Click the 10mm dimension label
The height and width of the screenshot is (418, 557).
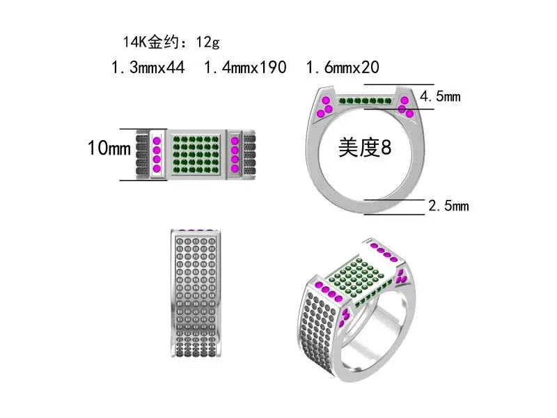(x=109, y=148)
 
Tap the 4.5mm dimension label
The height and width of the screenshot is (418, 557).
(x=440, y=96)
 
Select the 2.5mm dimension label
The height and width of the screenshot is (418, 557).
(x=448, y=206)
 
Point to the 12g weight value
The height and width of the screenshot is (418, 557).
(x=207, y=42)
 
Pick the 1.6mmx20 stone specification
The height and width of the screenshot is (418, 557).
(x=343, y=68)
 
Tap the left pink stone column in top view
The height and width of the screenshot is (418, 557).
(x=157, y=153)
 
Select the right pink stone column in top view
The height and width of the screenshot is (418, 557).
(x=235, y=153)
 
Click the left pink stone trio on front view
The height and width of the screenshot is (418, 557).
(x=325, y=107)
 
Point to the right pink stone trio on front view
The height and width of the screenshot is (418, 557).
(x=406, y=107)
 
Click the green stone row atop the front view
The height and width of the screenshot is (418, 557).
(x=366, y=101)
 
